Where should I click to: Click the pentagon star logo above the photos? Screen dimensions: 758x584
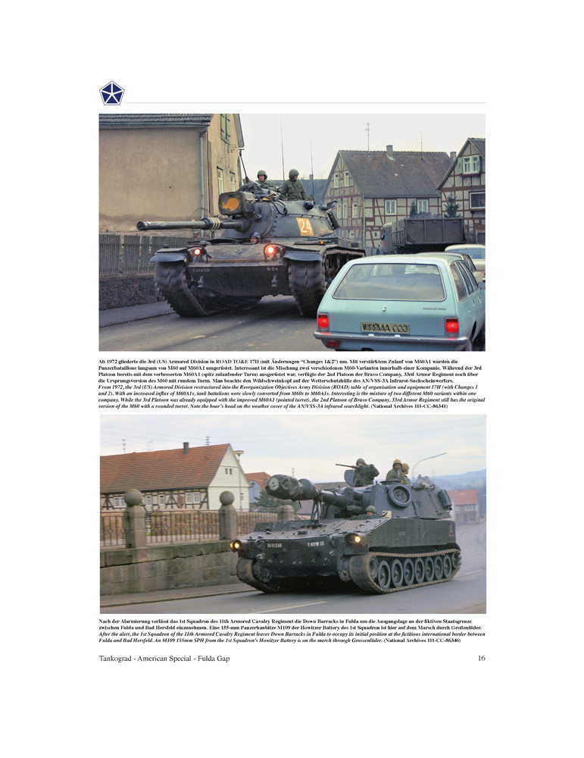[x=112, y=93]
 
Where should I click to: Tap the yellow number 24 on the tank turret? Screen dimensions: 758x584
[x=304, y=227]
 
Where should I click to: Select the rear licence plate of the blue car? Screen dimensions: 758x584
[x=384, y=327]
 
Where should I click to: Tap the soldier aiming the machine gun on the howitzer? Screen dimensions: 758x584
[x=364, y=472]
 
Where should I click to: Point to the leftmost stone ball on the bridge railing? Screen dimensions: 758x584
[x=133, y=497]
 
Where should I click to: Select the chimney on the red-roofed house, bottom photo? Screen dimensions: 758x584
[x=185, y=448]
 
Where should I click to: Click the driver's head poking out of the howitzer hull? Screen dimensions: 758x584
[x=370, y=511]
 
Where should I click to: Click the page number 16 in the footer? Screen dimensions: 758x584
[x=481, y=658]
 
